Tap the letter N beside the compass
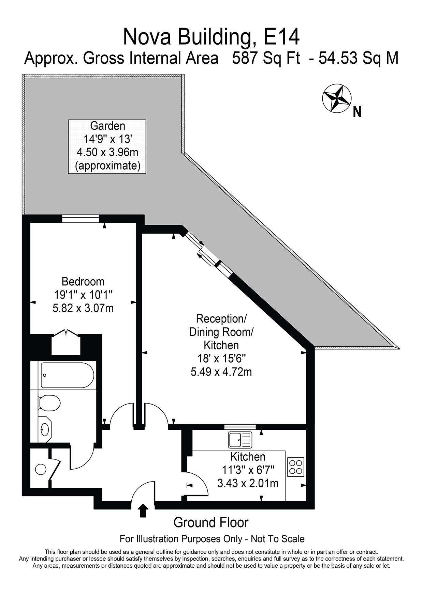pyautogui.click(x=357, y=112)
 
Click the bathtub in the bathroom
pyautogui.click(x=67, y=375)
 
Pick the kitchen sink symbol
pyautogui.click(x=240, y=440)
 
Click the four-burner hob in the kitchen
pyautogui.click(x=296, y=467)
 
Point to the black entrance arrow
pyautogui.click(x=143, y=510)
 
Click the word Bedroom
pyautogui.click(x=83, y=282)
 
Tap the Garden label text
pyautogui.click(x=107, y=126)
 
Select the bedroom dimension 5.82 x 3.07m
pyautogui.click(x=83, y=309)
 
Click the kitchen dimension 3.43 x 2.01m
pyautogui.click(x=248, y=483)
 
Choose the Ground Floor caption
pyautogui.click(x=211, y=522)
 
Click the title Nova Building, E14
pyautogui.click(x=211, y=37)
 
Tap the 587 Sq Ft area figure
pyautogui.click(x=266, y=59)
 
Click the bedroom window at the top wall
pyautogui.click(x=81, y=219)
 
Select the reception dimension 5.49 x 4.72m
pyautogui.click(x=221, y=372)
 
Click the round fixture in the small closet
pyautogui.click(x=41, y=470)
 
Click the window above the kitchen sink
pyautogui.click(x=240, y=427)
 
